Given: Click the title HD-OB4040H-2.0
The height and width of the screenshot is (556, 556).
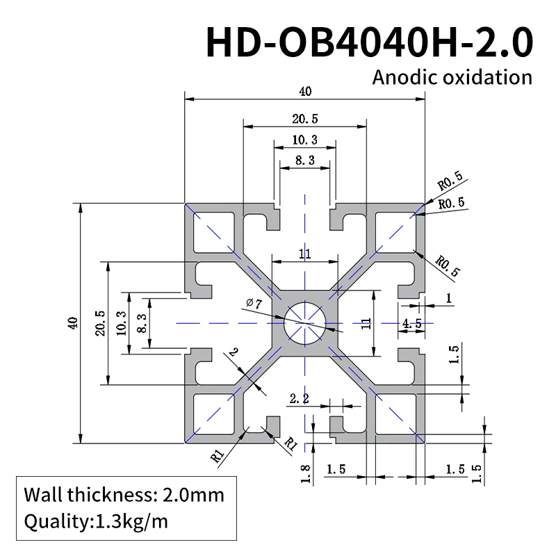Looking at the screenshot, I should pyautogui.click(x=369, y=42).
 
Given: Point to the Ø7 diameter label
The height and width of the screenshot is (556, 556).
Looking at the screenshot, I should pyautogui.click(x=253, y=303).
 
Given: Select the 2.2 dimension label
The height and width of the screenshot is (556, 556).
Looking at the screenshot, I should pyautogui.click(x=299, y=398).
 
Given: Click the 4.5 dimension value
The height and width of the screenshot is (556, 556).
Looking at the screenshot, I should pyautogui.click(x=412, y=322).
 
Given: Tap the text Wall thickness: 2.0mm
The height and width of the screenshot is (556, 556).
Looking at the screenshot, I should pyautogui.click(x=124, y=495).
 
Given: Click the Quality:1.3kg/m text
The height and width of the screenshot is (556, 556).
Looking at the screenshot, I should pyautogui.click(x=96, y=521).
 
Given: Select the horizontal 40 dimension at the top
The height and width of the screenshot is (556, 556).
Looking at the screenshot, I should pyautogui.click(x=304, y=91).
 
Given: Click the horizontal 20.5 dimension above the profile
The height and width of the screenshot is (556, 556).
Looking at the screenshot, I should pyautogui.click(x=304, y=119).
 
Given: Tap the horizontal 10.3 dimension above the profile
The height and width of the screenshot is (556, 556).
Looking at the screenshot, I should pyautogui.click(x=304, y=140).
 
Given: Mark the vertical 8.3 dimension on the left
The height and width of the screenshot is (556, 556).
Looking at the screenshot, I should pyautogui.click(x=141, y=323).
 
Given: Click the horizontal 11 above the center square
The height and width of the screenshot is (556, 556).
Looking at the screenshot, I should pyautogui.click(x=304, y=254).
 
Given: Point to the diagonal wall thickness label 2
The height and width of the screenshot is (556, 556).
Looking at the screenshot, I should pyautogui.click(x=232, y=354).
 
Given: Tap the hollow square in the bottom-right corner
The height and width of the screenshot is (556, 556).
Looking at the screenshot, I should pyautogui.click(x=395, y=414).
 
